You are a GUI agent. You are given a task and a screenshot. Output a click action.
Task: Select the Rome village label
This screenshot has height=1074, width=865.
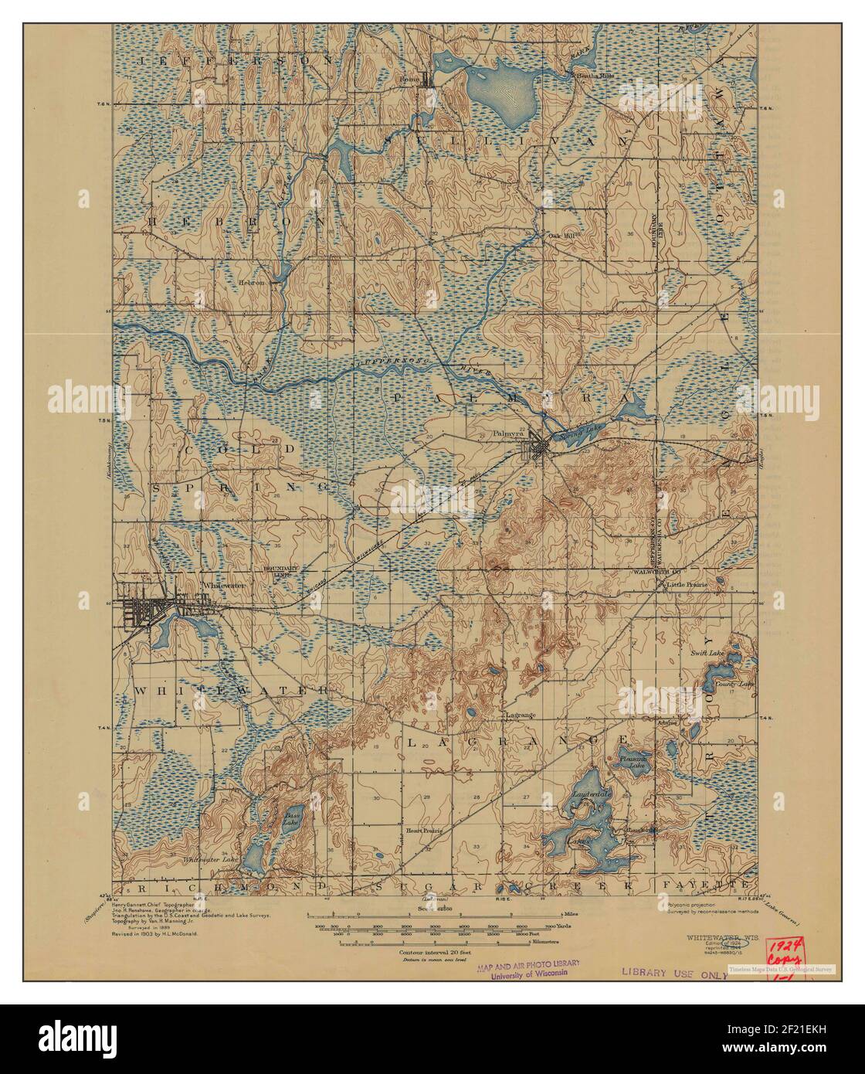[x=409, y=79]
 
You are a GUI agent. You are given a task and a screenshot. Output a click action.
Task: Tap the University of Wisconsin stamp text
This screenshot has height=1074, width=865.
[x=527, y=974]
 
